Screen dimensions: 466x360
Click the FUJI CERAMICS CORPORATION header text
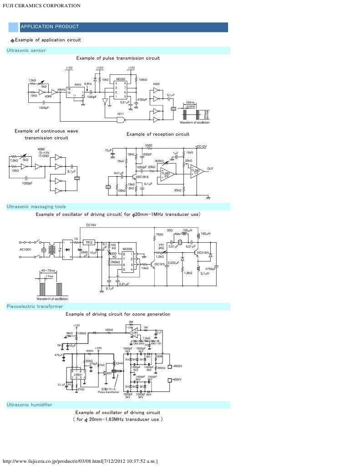42,6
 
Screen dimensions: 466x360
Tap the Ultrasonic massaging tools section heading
36,207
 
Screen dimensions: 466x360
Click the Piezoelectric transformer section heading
35,307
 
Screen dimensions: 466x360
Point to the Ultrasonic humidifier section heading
29,405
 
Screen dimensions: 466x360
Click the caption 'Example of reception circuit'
157,134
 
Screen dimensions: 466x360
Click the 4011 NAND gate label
121,113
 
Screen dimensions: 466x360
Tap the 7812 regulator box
89,242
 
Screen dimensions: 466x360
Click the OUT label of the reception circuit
210,169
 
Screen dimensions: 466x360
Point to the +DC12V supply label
201,146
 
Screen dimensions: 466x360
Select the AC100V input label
26,250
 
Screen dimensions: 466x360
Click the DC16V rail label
91,225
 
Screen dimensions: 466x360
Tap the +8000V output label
177,366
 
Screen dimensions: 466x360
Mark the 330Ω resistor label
148,145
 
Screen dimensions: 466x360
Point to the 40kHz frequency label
61,90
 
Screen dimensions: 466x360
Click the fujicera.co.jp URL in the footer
80,461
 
